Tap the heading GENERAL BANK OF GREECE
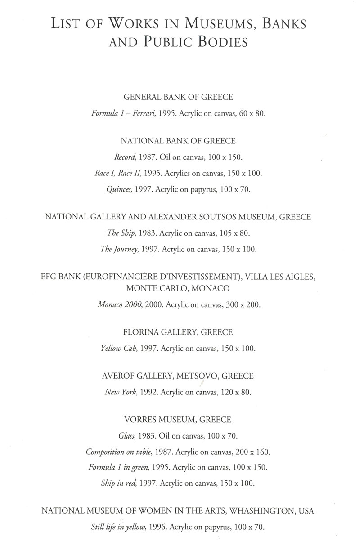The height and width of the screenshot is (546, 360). (x=178, y=97)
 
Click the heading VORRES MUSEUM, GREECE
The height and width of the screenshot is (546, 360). (x=178, y=420)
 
